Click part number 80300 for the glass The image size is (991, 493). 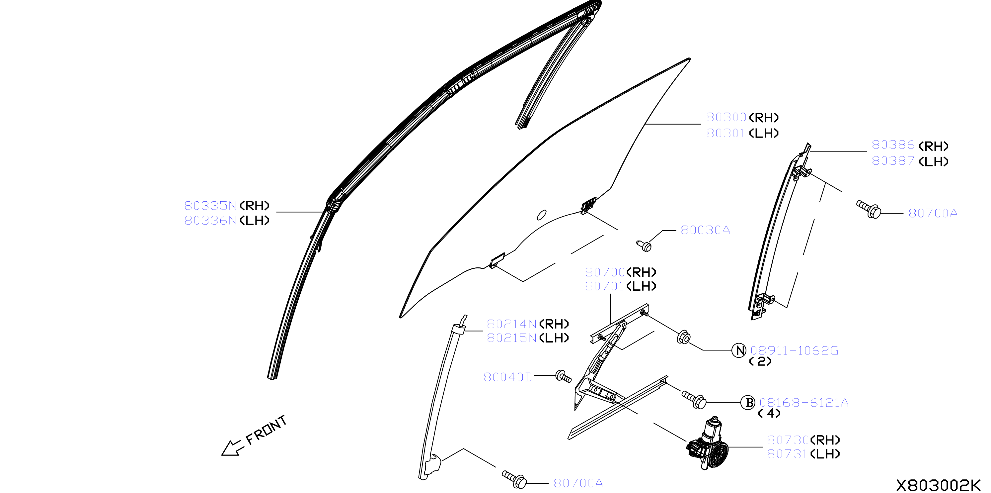point(726,117)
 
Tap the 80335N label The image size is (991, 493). point(210,206)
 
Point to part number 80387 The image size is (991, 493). point(893,160)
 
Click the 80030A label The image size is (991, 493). point(705,230)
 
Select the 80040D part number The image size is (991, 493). point(508,377)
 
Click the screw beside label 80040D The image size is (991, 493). point(563,376)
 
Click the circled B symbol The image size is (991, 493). point(748,403)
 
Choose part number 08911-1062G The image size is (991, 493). point(794,350)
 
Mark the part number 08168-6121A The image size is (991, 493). point(803,403)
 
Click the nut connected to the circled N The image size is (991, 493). point(683,337)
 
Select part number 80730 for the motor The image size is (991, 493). point(788,440)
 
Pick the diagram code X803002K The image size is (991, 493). point(939,485)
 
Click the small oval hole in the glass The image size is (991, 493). point(541,215)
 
